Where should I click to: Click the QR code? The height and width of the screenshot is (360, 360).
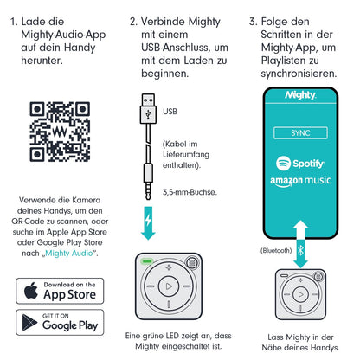(x=60, y=132)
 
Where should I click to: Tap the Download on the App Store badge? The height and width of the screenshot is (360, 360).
(x=60, y=291)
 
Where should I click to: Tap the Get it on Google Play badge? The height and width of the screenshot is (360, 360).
(x=60, y=322)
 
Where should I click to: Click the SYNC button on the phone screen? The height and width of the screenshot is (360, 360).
(x=300, y=133)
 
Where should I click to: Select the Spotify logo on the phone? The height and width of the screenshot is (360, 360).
(x=300, y=164)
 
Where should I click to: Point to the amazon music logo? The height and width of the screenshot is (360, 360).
(x=300, y=181)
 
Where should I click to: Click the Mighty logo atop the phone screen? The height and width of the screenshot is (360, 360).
(x=300, y=95)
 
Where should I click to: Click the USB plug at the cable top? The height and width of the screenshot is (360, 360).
(x=148, y=109)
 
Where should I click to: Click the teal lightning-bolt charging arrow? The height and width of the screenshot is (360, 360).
(x=148, y=222)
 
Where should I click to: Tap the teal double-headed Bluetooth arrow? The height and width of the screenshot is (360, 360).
(x=300, y=244)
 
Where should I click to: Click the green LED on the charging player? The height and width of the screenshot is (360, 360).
(x=146, y=261)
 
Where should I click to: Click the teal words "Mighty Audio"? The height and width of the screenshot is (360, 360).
(x=69, y=254)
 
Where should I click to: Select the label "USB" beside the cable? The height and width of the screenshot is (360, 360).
(x=170, y=112)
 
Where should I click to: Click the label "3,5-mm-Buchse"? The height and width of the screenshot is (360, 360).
(x=190, y=192)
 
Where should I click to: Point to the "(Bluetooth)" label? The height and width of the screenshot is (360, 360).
(x=276, y=250)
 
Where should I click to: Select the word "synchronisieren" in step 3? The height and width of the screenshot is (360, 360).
(x=299, y=74)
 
